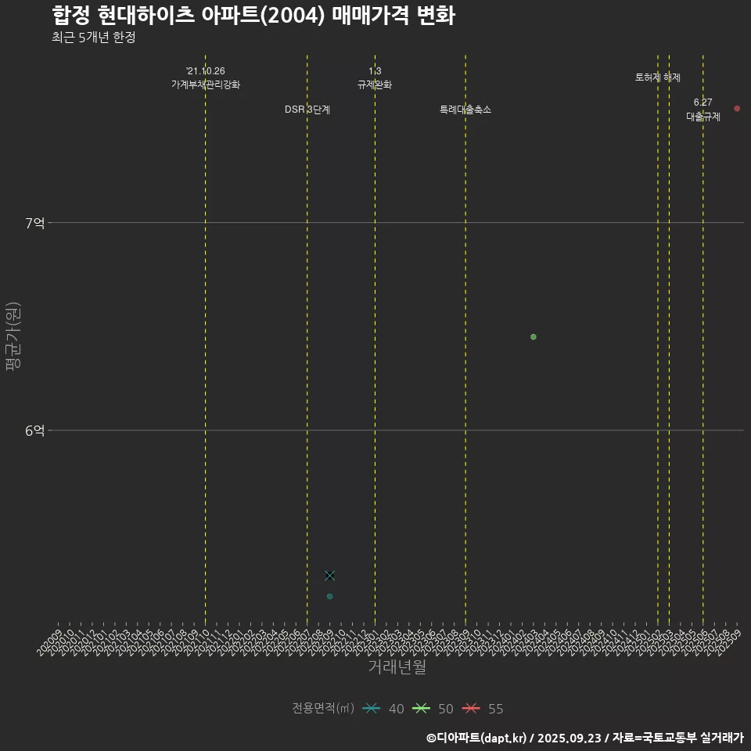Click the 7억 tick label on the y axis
pos(35,223)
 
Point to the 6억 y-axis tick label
pos(35,430)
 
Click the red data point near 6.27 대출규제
pos(737,109)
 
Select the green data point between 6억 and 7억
pos(534,337)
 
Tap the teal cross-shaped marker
pos(330,576)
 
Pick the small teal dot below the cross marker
pos(330,597)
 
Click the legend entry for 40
pos(383,709)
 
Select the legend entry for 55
pos(482,709)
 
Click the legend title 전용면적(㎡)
pos(323,709)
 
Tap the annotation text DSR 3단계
pos(307,110)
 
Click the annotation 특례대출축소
pos(465,110)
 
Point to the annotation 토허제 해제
pos(658,77)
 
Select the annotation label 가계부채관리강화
pos(206,84)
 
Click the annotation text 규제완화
pos(375,84)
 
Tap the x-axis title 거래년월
pos(397,667)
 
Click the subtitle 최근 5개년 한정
pos(94,37)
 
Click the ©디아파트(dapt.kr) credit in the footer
pos(478,737)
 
